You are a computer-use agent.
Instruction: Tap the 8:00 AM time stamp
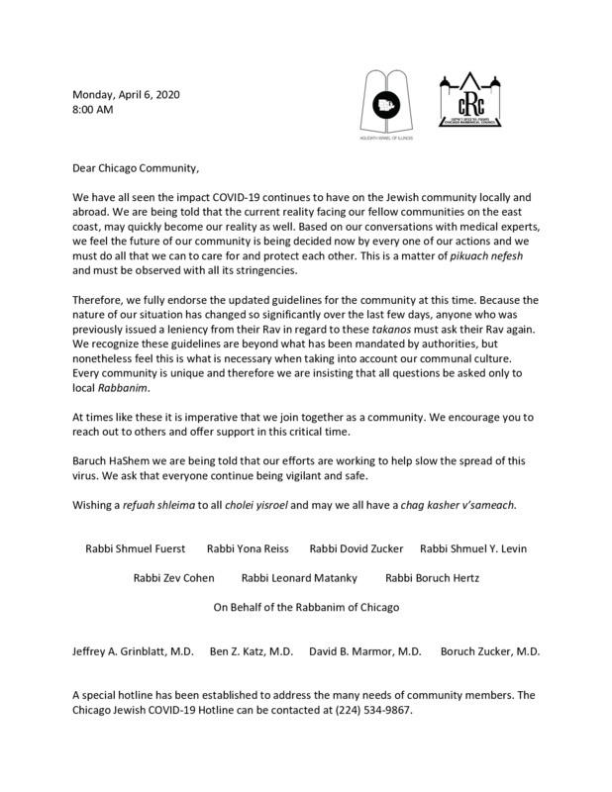coord(94,111)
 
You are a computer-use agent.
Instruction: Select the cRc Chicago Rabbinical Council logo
coord(474,99)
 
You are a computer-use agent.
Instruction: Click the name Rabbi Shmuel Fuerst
coord(135,547)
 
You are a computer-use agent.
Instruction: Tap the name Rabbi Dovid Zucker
coord(355,547)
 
